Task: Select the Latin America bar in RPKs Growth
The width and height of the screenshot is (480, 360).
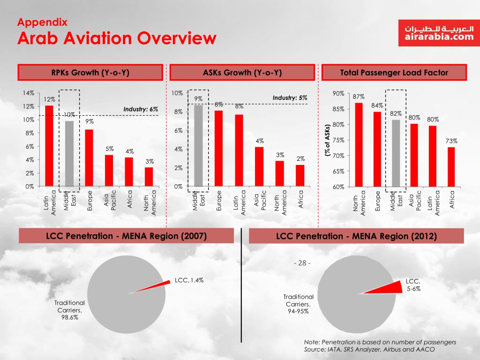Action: [x=49, y=145]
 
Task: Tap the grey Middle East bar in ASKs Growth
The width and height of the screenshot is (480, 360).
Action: [x=198, y=145]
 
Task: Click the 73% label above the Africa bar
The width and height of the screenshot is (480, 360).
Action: [x=451, y=141]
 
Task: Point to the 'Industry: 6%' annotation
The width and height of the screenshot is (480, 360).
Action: [x=141, y=109]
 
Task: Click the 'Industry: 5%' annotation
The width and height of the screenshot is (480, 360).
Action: [x=290, y=98]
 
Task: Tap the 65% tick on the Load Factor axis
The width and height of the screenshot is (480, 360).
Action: [x=338, y=172]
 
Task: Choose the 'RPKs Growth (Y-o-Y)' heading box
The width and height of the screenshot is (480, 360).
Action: [x=90, y=73]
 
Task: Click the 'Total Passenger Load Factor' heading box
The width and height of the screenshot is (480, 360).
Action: [x=394, y=73]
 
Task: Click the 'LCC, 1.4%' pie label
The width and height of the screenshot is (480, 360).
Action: [x=189, y=280]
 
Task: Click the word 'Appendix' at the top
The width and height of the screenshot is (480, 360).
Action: [x=42, y=22]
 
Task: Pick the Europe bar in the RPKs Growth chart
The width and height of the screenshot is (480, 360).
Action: [x=89, y=157]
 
